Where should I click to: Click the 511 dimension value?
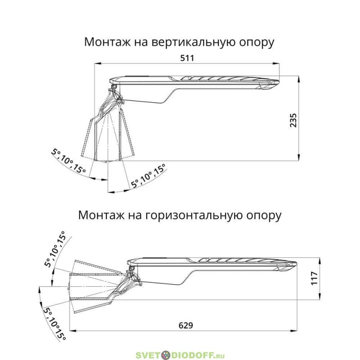[x=187, y=58]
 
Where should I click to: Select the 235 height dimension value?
[x=293, y=120]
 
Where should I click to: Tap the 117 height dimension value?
[x=314, y=278]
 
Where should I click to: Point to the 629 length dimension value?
[x=186, y=325]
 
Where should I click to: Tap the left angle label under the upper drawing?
[x=69, y=161]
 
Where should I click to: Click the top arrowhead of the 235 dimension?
[x=299, y=80]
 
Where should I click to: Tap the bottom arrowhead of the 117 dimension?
[x=319, y=296]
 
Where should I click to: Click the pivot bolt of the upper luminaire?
[x=114, y=86]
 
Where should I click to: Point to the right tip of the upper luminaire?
[x=279, y=81]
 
